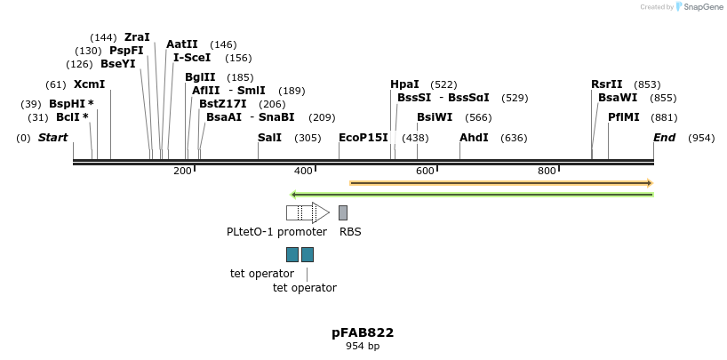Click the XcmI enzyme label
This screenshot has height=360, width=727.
(x=89, y=84)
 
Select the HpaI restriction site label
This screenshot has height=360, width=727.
(x=404, y=84)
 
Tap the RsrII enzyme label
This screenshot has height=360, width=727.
(x=607, y=84)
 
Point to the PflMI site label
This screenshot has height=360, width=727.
(x=624, y=117)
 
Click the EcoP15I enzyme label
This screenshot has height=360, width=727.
(x=363, y=138)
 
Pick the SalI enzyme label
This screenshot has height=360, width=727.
(x=269, y=138)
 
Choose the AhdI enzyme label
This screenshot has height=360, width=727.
(x=474, y=138)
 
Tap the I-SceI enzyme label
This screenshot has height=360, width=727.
(x=192, y=58)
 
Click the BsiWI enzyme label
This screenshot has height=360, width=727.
(x=435, y=117)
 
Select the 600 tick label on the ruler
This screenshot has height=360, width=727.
(x=425, y=171)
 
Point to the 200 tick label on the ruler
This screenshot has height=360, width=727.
(x=182, y=171)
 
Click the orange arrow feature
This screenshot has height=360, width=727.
(x=501, y=183)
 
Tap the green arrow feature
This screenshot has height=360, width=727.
(x=472, y=194)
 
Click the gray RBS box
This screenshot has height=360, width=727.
(x=343, y=212)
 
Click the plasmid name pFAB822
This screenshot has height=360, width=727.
(x=363, y=332)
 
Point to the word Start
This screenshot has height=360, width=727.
(x=53, y=138)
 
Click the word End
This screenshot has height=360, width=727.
(x=664, y=138)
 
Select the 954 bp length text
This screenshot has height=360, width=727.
(x=363, y=346)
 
